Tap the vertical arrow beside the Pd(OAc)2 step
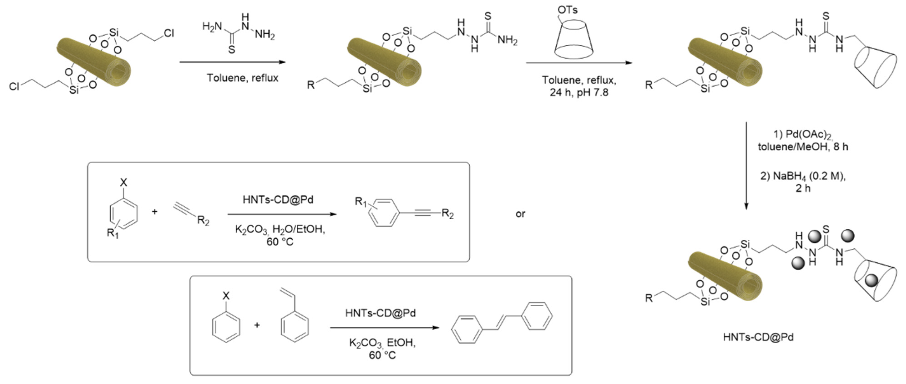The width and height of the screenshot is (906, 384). point(746,165)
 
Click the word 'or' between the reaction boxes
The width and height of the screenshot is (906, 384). point(520,214)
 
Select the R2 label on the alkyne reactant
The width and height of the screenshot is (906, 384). point(203,221)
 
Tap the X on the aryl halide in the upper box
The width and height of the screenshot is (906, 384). point(124,183)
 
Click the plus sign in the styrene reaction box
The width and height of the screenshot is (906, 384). point(257,325)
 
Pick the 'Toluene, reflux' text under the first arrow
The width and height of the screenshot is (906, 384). point(242,78)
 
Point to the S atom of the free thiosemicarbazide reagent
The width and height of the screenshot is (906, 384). point(231,50)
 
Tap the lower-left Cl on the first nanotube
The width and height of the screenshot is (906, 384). point(14,86)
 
